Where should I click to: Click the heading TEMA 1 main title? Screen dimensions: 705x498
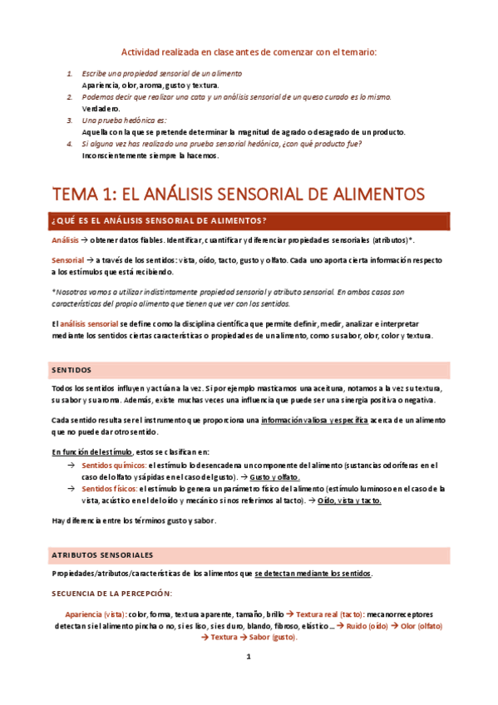[239, 194]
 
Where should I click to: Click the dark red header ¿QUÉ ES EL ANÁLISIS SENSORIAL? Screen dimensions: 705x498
[159, 220]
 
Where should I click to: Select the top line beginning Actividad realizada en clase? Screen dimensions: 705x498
[249, 52]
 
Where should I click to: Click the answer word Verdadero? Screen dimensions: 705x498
[101, 108]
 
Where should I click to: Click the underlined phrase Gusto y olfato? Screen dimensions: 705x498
[274, 477]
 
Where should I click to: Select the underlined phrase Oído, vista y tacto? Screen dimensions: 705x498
[349, 501]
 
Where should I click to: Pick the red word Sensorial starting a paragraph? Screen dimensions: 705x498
[67, 260]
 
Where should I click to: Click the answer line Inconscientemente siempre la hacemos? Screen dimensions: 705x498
[150, 155]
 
